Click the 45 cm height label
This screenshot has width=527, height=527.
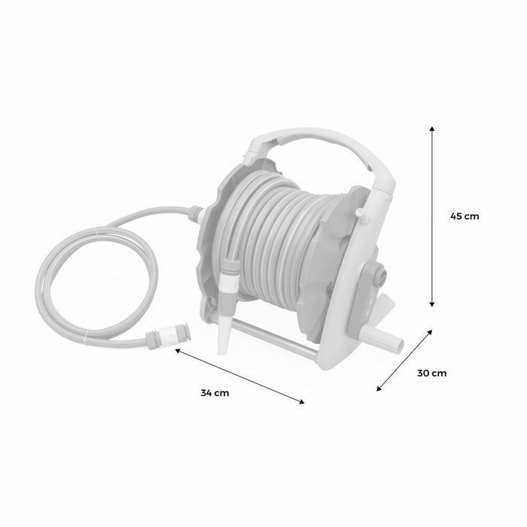tap(464, 216)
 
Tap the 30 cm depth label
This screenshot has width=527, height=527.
tap(432, 373)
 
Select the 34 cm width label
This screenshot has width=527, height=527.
tap(215, 392)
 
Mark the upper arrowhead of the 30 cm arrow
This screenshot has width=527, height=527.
tap(431, 331)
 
